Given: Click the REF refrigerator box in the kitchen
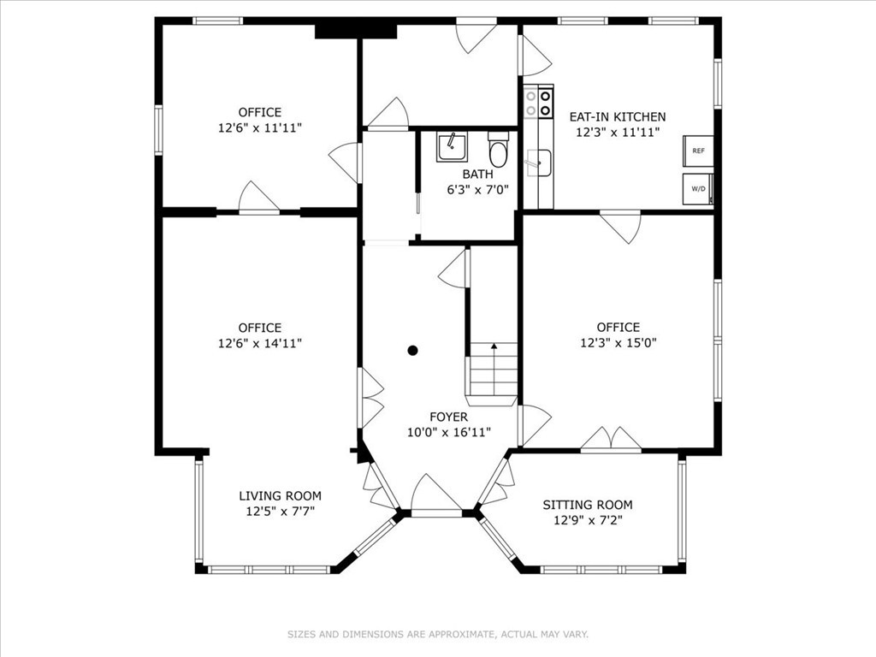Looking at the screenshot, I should tap(697, 151).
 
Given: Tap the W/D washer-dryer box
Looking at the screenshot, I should tap(697, 189).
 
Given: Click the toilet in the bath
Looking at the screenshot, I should tap(498, 152).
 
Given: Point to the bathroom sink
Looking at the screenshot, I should tap(451, 147).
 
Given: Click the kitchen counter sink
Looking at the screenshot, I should tap(538, 162).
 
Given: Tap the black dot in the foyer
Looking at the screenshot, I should tap(412, 350).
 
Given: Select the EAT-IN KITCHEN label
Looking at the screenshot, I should tap(618, 117).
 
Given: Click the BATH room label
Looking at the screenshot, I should tap(477, 175).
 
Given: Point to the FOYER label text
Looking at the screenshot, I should tap(448, 417).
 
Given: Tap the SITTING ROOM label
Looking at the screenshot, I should tap(588, 505).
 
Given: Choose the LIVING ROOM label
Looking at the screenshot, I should tap(280, 496).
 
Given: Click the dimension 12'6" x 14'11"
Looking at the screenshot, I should tap(260, 343).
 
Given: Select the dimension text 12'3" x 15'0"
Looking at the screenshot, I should tap(618, 342).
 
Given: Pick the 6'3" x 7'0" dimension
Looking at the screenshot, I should tap(477, 190).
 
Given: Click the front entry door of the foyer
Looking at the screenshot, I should tap(435, 500).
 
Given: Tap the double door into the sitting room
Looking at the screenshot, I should tap(611, 440).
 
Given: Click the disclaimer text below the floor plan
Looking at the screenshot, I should tap(438, 634).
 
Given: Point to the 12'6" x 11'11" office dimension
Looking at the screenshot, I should tap(260, 127).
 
